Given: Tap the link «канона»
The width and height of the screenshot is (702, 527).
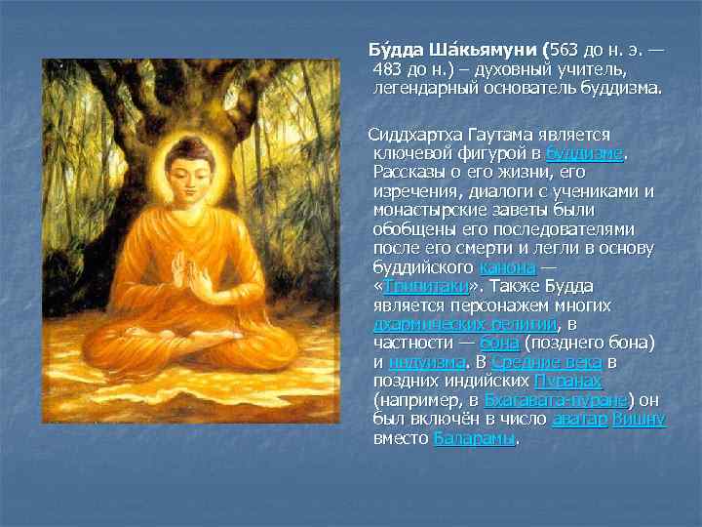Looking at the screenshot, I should pos(507,267).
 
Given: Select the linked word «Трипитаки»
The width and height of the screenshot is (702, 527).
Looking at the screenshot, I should pos(426,287).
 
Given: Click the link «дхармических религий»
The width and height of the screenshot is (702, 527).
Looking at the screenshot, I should pos(465,324).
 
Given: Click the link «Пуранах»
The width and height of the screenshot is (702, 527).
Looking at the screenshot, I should pos(567,381).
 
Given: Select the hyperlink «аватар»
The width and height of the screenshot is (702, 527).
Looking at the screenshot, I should pos(579,419).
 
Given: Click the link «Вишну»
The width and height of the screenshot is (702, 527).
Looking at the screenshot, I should pos(639,419).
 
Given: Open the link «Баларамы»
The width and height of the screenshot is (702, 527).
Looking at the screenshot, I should pos(474,438).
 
